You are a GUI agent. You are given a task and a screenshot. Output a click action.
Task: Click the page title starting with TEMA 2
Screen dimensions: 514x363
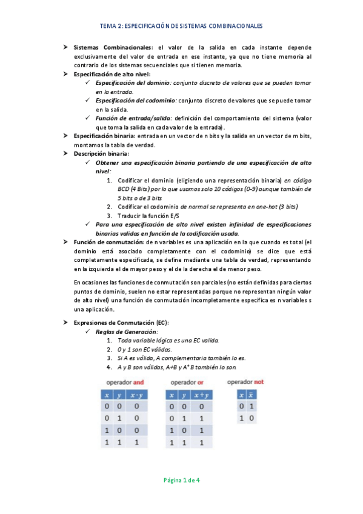tap(181, 27)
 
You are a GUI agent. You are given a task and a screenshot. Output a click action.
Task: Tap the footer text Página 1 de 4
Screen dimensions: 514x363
tap(182, 480)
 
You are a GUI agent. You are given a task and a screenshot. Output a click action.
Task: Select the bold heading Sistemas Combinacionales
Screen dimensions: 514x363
tap(113, 47)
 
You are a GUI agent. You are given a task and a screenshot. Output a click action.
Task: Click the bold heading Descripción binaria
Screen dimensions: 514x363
tap(101, 154)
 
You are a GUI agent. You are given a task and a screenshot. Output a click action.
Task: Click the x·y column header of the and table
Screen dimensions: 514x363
tap(137, 395)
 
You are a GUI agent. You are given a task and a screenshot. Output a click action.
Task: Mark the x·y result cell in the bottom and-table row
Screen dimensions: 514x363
tap(137, 443)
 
